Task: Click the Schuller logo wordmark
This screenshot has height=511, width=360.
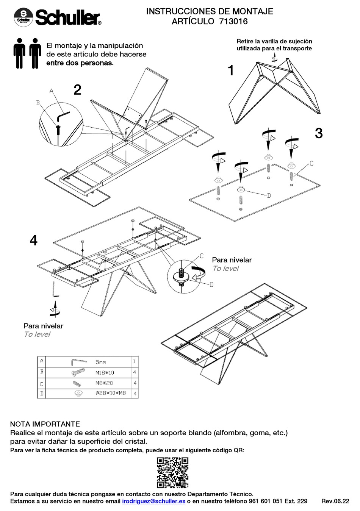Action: [67, 18]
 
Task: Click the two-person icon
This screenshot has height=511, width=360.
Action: [27, 53]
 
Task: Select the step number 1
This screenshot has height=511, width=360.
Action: [230, 71]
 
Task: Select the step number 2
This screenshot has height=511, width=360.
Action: [77, 90]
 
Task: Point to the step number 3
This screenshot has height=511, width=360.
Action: [319, 133]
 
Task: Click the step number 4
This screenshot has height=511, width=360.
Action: [34, 240]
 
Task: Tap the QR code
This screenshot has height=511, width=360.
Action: [172, 472]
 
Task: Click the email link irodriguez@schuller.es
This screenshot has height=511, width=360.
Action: [153, 501]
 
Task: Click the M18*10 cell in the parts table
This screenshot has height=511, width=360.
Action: [105, 373]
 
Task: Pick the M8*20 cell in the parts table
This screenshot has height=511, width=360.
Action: [104, 383]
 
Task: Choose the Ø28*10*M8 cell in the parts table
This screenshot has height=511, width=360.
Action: [110, 393]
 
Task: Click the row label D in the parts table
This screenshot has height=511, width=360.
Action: [42, 394]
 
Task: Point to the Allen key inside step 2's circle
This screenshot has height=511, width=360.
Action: [63, 114]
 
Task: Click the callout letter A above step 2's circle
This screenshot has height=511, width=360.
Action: [52, 91]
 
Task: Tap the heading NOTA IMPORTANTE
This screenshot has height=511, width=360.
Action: [45, 424]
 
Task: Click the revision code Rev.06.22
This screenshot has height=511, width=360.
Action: [335, 501]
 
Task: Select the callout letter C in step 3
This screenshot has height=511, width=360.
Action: [311, 163]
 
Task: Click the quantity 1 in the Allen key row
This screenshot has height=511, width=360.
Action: [134, 362]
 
